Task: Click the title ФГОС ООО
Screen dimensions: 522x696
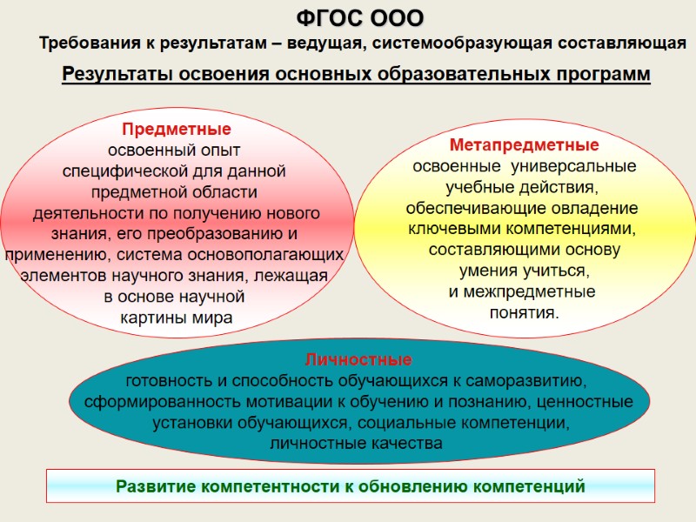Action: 360,17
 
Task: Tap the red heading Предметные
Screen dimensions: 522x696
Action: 176,130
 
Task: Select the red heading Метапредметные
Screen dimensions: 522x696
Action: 524,144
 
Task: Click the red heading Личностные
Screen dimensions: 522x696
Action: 358,359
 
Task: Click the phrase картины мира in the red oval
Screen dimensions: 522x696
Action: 177,318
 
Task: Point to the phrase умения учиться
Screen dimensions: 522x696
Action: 524,270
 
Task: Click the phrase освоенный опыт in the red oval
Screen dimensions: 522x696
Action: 176,151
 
